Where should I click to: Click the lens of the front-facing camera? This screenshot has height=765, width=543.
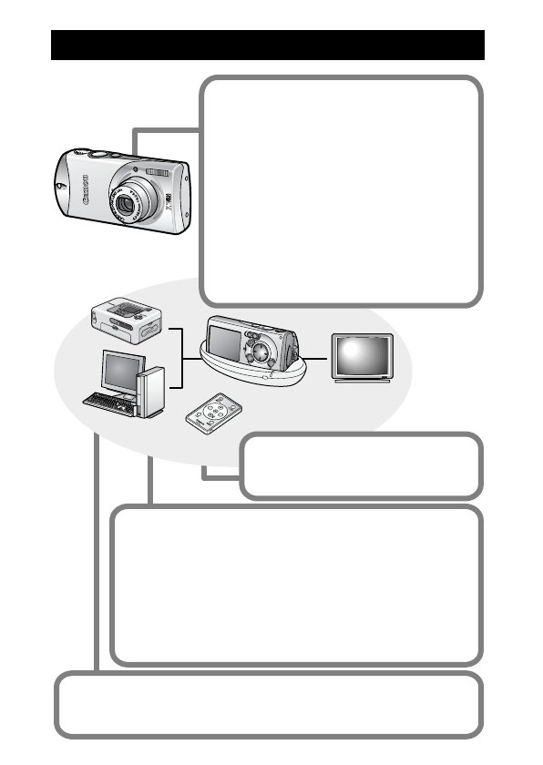[x=129, y=203]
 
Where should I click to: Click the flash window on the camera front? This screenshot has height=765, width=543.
[x=158, y=172]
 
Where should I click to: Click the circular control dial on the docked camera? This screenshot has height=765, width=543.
[x=261, y=350]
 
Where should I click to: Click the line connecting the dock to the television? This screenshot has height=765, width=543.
[x=316, y=358]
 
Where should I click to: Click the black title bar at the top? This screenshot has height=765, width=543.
[x=267, y=45]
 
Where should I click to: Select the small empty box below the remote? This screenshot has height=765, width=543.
[x=361, y=465]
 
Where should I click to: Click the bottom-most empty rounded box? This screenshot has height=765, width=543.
[x=267, y=705]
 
